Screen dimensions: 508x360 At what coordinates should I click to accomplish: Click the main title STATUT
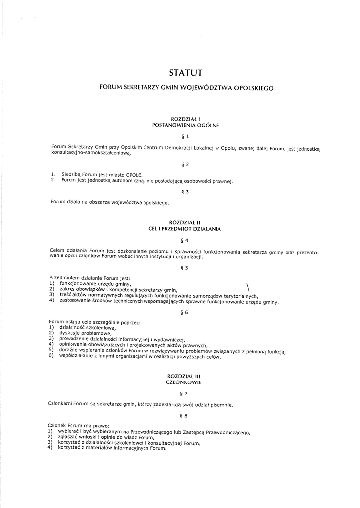coord(185,73)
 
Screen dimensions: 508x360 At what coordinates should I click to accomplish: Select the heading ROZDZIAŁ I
coord(185,119)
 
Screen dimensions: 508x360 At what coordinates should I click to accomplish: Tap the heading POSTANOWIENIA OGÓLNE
coord(185,126)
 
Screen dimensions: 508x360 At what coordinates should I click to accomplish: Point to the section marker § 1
coord(185,136)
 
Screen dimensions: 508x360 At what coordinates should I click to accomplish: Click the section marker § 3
coord(185,192)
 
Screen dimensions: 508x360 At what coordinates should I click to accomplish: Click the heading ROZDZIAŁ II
coord(185,223)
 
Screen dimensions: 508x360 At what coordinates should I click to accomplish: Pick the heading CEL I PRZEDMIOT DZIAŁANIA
coord(185,229)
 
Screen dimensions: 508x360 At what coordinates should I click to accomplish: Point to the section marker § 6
coord(185,312)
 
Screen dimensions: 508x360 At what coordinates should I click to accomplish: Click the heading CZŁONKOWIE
coord(185,383)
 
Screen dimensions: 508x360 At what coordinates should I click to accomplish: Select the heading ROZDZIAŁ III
coord(185,377)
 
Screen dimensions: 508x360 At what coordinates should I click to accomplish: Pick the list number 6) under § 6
coord(51,357)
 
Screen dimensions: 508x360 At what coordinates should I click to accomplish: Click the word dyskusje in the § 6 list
coord(69,333)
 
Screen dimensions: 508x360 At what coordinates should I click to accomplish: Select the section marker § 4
coord(185,240)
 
